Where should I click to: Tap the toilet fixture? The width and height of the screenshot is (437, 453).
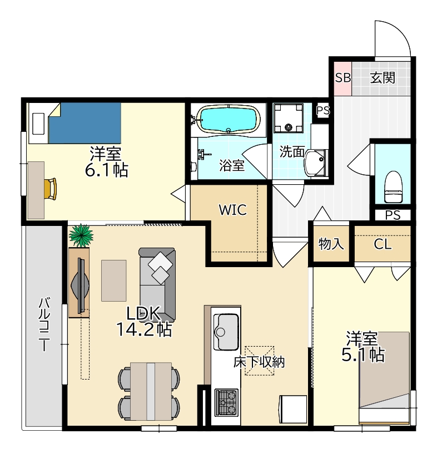[393, 186]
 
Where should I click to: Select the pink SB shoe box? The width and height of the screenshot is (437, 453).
[343, 78]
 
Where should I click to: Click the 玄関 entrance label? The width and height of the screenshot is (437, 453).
[383, 78]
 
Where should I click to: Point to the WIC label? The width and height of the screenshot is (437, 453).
[233, 210]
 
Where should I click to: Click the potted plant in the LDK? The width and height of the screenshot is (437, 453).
[81, 235]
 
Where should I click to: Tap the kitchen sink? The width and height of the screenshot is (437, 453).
[226, 332]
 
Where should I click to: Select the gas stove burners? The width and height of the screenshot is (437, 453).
[226, 402]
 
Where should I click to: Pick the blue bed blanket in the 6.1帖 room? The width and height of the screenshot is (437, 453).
[85, 123]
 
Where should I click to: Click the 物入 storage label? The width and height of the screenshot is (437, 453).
[331, 244]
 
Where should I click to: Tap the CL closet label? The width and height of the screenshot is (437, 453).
[383, 244]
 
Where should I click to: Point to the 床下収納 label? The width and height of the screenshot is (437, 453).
[259, 362]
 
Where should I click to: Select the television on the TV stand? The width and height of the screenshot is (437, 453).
[81, 285]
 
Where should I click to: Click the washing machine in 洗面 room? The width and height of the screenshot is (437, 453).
[289, 118]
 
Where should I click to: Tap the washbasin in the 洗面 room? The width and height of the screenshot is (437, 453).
[316, 163]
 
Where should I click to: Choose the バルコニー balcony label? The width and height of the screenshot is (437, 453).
[44, 325]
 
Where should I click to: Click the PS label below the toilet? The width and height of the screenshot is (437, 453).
[393, 215]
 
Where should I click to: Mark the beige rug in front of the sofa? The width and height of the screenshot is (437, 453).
[114, 280]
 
